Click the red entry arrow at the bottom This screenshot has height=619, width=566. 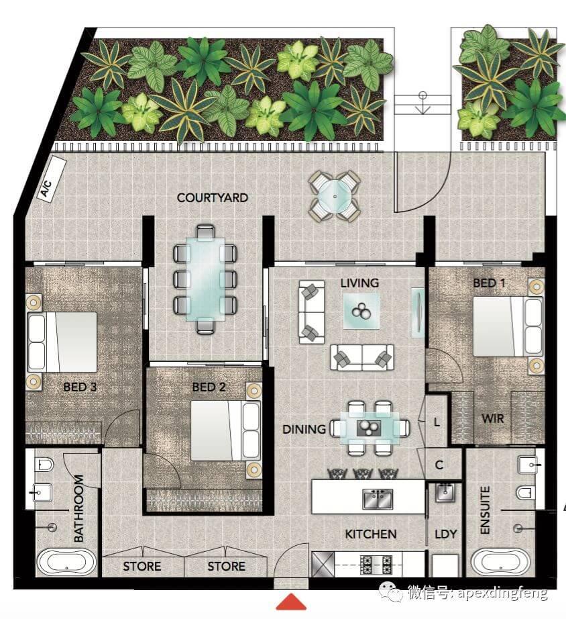[291, 602]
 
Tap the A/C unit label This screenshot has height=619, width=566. [46, 189]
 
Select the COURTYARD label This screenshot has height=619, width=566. [212, 197]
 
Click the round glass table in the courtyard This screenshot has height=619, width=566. [335, 196]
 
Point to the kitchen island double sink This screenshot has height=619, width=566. [378, 499]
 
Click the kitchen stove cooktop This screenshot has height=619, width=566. [375, 564]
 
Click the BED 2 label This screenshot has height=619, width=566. [209, 387]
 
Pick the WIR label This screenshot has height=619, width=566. [493, 418]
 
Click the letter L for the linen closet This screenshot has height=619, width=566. [437, 422]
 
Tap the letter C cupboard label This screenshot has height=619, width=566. [439, 465]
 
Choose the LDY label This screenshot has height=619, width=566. [446, 534]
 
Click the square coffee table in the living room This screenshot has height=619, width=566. [361, 311]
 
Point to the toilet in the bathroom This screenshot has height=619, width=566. [44, 465]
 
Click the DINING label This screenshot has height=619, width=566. [304, 429]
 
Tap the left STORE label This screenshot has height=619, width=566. [142, 567]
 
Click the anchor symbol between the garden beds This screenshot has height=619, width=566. [423, 103]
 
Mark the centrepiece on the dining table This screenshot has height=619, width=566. [369, 428]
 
